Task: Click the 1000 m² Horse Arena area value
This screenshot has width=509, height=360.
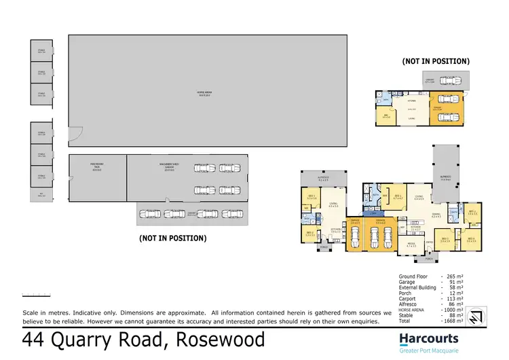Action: [451, 291]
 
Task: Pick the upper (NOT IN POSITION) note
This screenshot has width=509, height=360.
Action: [435, 61]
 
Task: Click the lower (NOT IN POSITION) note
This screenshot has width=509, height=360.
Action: [172, 238]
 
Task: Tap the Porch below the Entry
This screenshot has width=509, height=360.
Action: [428, 259]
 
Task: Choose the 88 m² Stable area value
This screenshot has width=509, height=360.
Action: [451, 296]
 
